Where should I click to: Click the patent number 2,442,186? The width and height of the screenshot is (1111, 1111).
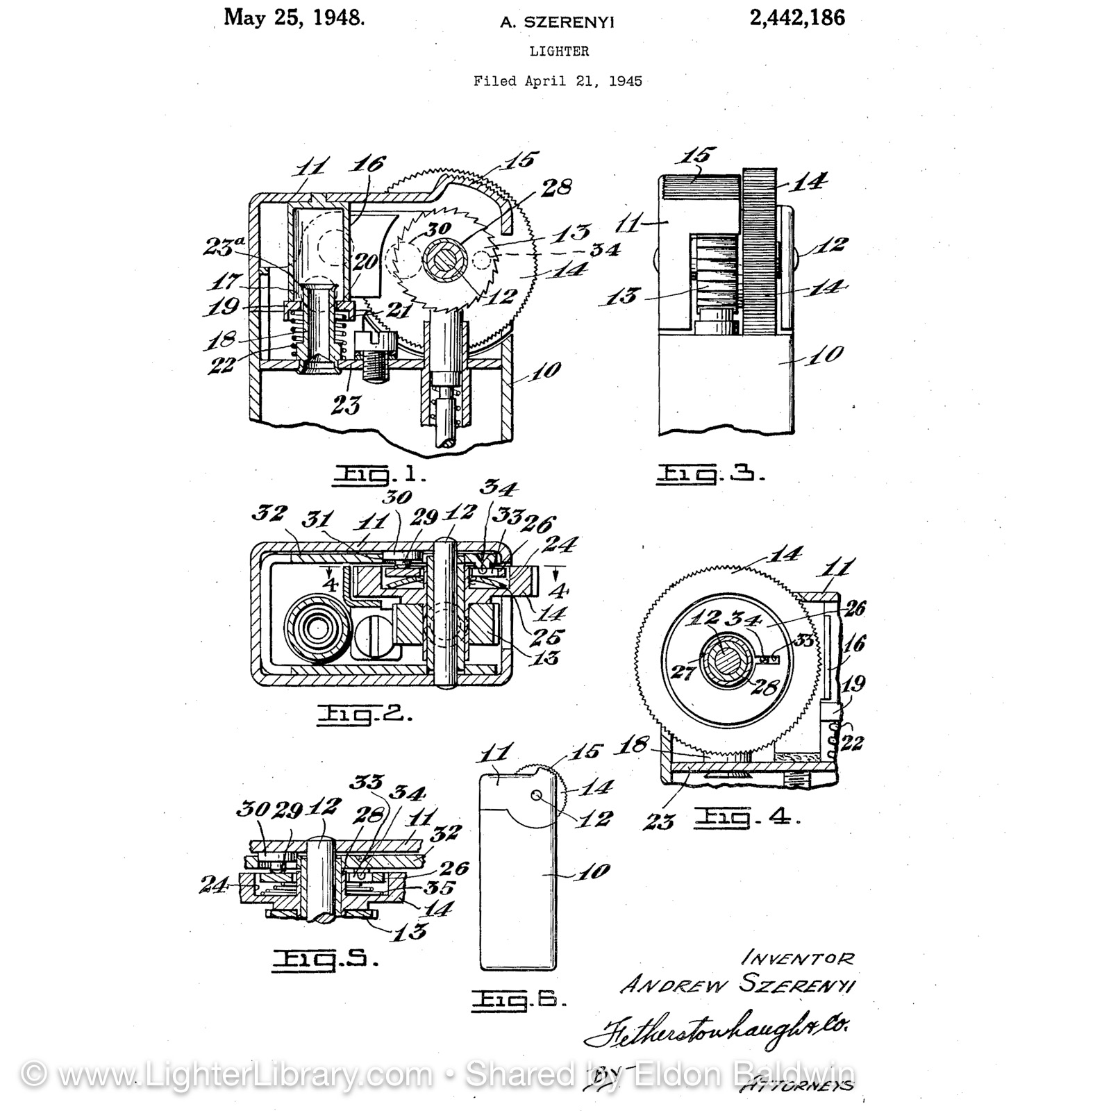(796, 18)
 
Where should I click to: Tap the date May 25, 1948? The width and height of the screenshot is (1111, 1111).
(294, 18)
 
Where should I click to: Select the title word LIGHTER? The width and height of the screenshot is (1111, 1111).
(559, 51)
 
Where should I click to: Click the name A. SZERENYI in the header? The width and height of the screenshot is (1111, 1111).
(558, 23)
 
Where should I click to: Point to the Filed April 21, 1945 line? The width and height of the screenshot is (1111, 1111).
(558, 81)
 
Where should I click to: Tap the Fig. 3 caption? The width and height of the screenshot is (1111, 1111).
(710, 475)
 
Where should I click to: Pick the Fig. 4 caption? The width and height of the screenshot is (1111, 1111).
(747, 818)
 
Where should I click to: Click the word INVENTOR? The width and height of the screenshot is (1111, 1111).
(798, 959)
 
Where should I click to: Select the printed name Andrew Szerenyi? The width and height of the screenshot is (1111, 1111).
(738, 985)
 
